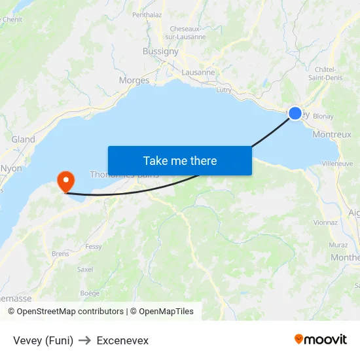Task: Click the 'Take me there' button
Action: (179, 160)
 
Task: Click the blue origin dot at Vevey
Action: (295, 113)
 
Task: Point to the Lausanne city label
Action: (198, 73)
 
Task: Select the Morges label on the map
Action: (134, 81)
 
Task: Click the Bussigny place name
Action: (160, 51)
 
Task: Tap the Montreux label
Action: (332, 134)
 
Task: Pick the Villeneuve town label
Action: (338, 163)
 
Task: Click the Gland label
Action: (24, 139)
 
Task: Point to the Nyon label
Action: (11, 168)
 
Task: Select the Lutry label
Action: (224, 90)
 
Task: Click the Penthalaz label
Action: (147, 14)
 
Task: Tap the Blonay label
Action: (323, 117)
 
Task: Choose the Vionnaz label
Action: (325, 223)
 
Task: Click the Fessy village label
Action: (94, 247)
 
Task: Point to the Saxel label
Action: (85, 269)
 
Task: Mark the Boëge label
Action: (90, 293)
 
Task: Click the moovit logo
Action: (321, 340)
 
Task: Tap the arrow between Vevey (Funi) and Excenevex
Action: (85, 340)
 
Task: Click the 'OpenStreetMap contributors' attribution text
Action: (70, 312)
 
